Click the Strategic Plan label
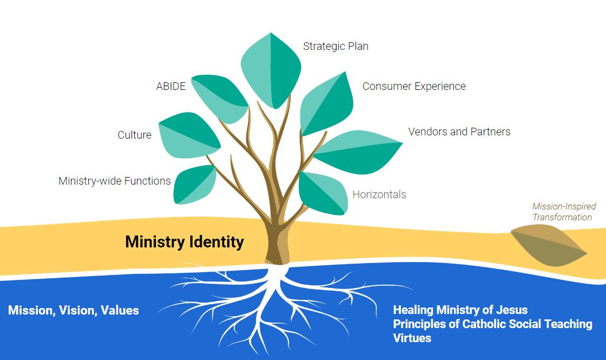pos(335,46)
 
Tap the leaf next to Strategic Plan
pos(271,69)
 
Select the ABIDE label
pos(171,87)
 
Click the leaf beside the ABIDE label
pos(219,99)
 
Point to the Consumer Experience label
pos(414,86)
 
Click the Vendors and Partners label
pos(459,132)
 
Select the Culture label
pos(135,135)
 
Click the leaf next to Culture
pos(189,135)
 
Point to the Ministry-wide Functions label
pos(115,181)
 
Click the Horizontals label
pos(379,194)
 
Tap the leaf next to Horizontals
pos(322,193)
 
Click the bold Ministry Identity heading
pos(185,241)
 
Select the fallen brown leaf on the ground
pos(548,246)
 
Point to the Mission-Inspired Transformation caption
pos(563,212)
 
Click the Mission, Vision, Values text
pos(74,310)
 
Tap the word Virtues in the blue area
pos(412,338)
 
